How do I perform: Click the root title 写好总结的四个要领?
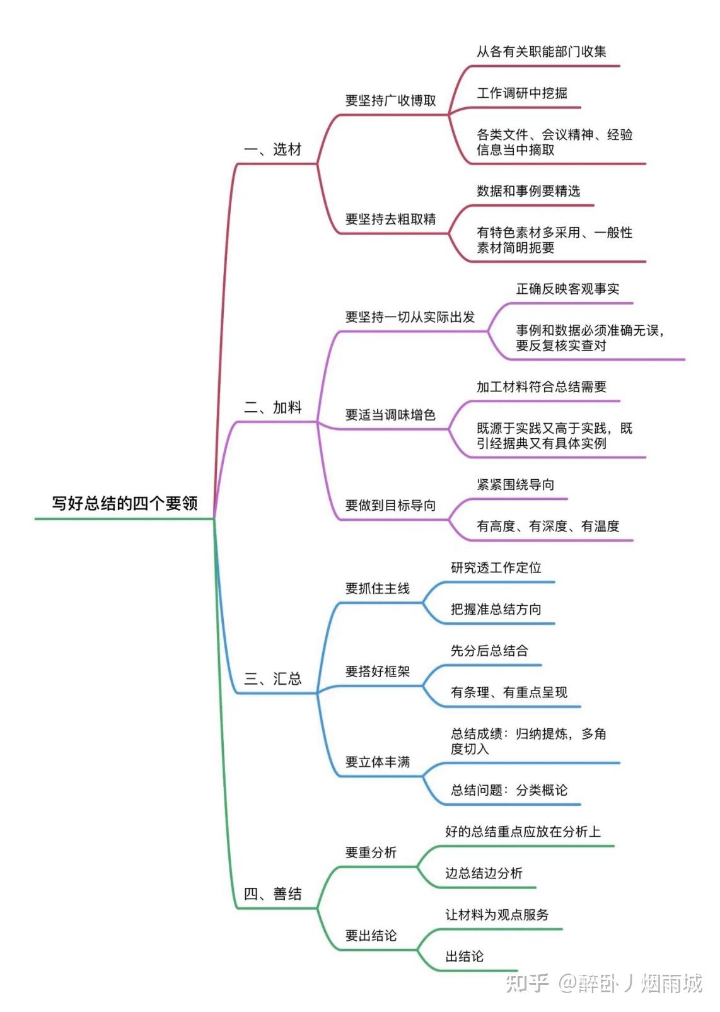click(x=125, y=503)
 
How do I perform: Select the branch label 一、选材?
click(x=273, y=149)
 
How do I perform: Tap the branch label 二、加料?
click(x=273, y=407)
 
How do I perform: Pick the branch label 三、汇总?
click(x=273, y=678)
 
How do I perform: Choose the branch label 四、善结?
click(x=273, y=893)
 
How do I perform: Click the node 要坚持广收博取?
click(x=391, y=100)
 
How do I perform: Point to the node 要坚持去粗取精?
click(x=391, y=219)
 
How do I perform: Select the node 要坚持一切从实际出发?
click(x=410, y=317)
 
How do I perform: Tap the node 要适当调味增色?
click(x=391, y=415)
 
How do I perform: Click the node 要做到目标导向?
click(x=391, y=505)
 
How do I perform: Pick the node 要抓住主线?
click(x=378, y=588)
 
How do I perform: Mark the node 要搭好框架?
click(x=378, y=672)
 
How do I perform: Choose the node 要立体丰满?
click(x=378, y=762)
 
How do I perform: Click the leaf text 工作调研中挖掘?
click(x=522, y=93)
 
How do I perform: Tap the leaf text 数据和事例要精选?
click(x=528, y=190)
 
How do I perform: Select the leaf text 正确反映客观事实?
click(x=568, y=289)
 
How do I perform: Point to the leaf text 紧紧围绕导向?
click(x=515, y=485)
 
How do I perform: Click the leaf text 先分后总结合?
click(x=490, y=651)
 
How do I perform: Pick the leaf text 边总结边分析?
click(x=484, y=873)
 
